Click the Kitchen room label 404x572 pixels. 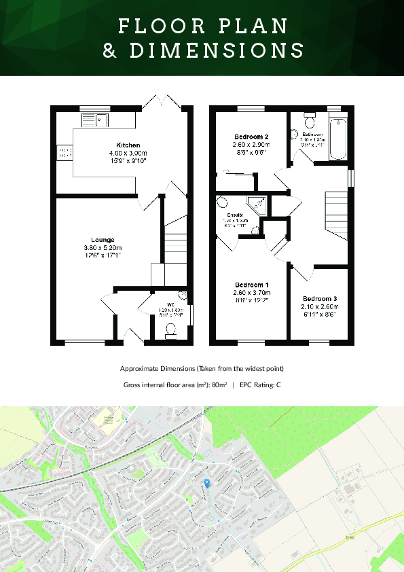coord(128,145)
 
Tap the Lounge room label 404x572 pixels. coord(103,239)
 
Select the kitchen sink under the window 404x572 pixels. coord(95,120)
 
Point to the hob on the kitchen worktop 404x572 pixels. coord(65,154)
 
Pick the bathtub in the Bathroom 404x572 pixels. coord(338,139)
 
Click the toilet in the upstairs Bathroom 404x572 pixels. coord(310,122)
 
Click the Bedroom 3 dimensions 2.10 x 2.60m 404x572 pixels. coord(320,307)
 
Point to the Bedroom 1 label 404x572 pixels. coord(252,285)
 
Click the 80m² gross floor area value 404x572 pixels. coord(218,385)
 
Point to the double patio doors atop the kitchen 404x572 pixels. coord(162,104)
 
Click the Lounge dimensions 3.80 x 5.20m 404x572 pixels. coord(103,248)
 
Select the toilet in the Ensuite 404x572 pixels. coord(222,202)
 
